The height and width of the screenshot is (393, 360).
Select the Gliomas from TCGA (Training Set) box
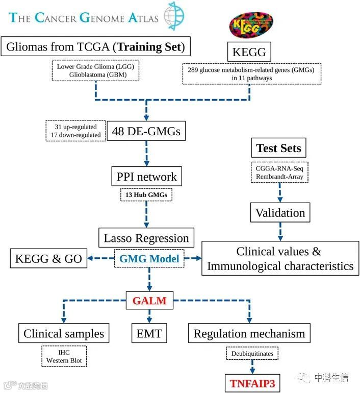[x=95, y=48]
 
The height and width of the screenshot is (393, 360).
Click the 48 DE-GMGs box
[x=146, y=132]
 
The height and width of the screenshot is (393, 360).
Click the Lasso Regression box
[x=146, y=238]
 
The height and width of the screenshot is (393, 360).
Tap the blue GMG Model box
[x=149, y=259]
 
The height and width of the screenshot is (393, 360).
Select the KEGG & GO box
[x=48, y=258]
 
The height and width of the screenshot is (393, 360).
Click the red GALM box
[x=149, y=301]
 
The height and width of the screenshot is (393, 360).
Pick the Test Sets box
[x=278, y=149]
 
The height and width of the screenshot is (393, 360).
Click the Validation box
[x=280, y=212]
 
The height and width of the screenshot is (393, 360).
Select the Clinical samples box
[x=64, y=334]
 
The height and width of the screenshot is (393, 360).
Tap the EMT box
[x=149, y=334]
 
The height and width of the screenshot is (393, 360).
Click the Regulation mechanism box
[x=249, y=334]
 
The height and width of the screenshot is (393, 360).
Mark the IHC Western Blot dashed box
[x=64, y=356]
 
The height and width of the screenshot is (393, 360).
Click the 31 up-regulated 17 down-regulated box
[x=74, y=131]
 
